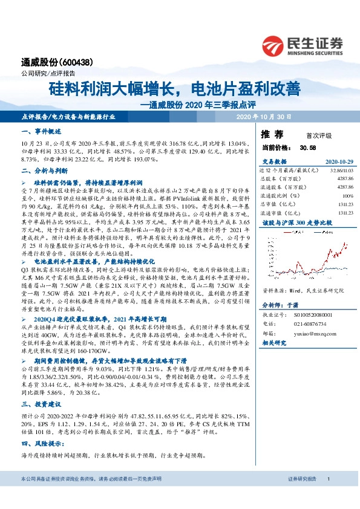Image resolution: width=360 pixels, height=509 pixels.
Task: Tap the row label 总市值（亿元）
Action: [x=277, y=204]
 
